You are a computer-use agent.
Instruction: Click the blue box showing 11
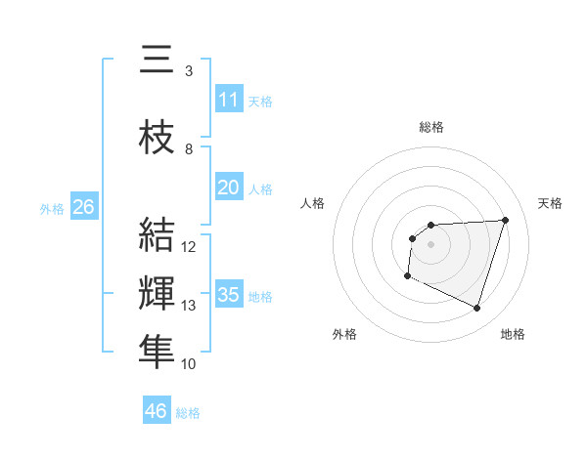tap(228, 99)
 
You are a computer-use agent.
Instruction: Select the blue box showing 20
tap(228, 187)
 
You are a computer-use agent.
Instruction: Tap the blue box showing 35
tap(228, 295)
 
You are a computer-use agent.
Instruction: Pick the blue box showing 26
tap(84, 207)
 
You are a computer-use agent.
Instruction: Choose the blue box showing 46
tap(157, 410)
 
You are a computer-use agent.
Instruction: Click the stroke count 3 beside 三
tap(189, 71)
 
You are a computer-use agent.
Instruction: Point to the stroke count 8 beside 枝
tap(189, 149)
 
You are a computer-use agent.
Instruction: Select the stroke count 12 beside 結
tap(190, 247)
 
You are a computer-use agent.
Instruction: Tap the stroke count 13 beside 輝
tap(190, 306)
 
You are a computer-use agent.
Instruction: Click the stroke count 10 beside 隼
tap(190, 364)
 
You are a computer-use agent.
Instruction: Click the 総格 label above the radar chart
tap(431, 127)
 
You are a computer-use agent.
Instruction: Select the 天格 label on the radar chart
tap(551, 203)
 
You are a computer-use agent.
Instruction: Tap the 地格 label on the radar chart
tap(513, 334)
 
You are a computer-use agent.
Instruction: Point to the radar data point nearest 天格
tap(506, 220)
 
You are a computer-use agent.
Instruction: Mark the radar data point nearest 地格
tap(476, 309)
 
